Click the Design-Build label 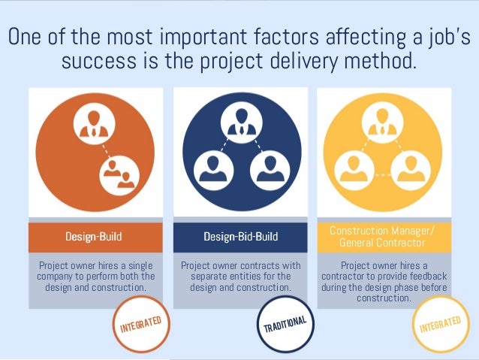tap(94, 237)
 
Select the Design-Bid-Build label tap(240, 237)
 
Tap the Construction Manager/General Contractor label tap(381, 237)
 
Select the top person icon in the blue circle tap(241, 122)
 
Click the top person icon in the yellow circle tap(381, 122)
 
